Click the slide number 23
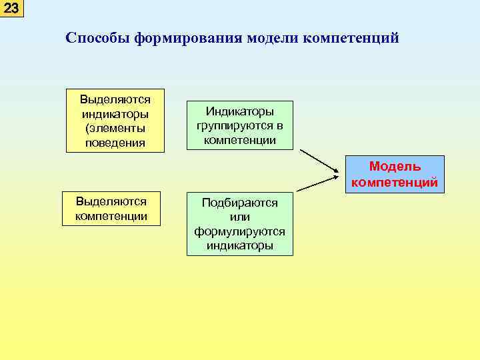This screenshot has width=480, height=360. coord(11,9)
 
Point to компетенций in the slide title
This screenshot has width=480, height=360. coord(351,38)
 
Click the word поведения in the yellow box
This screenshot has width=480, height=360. coord(115,143)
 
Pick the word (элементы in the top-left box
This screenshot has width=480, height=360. coord(115,128)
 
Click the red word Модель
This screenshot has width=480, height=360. coord(395,166)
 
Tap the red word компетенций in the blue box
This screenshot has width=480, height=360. coord(395,181)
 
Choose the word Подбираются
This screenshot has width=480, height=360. coord(240,203)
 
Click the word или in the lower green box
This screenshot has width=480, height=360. coord(240,217)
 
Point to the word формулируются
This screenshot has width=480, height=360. coord(240,231)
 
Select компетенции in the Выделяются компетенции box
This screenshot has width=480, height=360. coord(111,215)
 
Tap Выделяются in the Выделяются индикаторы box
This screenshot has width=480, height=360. coord(115,99)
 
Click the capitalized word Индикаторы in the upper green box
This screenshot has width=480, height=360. coord(240,111)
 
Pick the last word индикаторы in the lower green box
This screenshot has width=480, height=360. coord(240,245)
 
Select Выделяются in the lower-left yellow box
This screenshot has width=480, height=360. coord(111,201)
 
